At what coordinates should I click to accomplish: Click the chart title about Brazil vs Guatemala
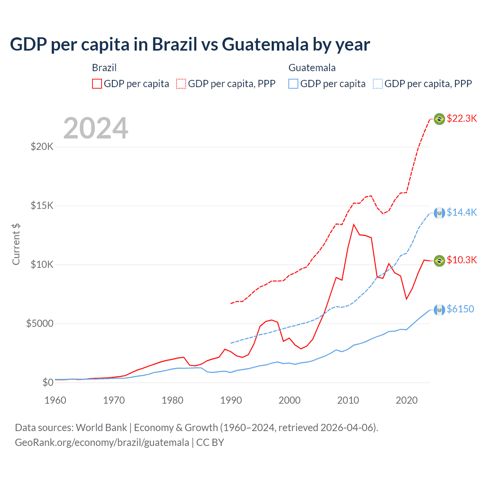tap(190, 45)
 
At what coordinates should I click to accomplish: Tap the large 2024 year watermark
tap(95, 128)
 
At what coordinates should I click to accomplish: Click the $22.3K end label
tap(462, 118)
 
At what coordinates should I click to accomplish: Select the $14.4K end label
tap(462, 212)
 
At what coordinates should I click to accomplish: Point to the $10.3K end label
tap(462, 260)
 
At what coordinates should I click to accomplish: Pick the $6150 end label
tap(460, 309)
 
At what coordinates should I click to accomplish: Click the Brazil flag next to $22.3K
tap(439, 119)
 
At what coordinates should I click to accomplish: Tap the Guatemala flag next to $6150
tap(439, 310)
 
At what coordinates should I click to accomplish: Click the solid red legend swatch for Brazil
tap(97, 84)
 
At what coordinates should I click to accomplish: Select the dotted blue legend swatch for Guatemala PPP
tap(378, 84)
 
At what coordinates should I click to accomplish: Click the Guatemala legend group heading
tap(312, 68)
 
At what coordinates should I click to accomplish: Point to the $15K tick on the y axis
tap(42, 206)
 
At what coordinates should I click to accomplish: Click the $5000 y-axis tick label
tap(40, 324)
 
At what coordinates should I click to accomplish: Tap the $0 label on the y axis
tap(48, 383)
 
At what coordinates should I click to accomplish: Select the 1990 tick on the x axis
tap(231, 400)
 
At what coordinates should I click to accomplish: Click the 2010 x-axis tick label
tap(348, 400)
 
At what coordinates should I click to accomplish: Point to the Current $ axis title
tap(16, 244)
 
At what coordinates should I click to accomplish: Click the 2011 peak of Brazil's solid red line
tap(354, 224)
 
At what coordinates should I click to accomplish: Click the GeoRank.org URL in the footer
tap(102, 442)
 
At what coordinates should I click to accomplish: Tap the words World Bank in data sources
tap(101, 428)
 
